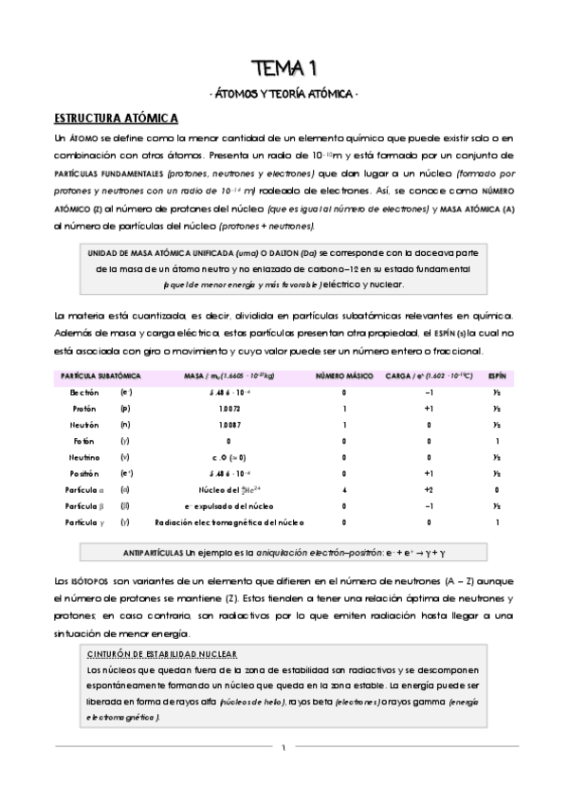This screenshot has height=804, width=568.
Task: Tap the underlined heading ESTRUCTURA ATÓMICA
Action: click(116, 119)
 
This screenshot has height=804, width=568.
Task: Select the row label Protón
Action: click(84, 408)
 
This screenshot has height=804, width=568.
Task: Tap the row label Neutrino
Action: click(83, 457)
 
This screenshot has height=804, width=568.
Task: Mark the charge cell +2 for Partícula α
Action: click(429, 489)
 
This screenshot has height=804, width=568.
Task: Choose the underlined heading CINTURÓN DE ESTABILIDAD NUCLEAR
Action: click(161, 655)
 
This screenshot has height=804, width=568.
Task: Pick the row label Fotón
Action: click(84, 441)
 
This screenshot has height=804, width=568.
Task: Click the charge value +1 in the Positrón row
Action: click(429, 473)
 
